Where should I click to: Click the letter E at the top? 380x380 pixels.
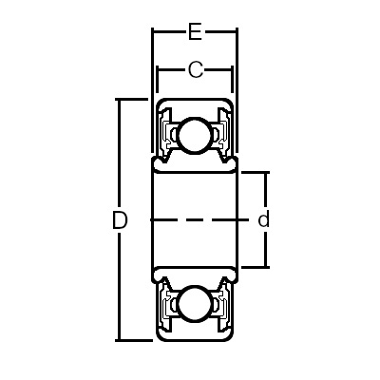tap(195, 33)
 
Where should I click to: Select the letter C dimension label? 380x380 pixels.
tap(195, 69)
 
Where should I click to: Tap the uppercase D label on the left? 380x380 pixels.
tap(120, 220)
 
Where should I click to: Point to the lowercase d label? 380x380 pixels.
tap(264, 220)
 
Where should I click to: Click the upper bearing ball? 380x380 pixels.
tap(195, 135)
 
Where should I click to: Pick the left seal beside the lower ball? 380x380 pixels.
tap(168, 305)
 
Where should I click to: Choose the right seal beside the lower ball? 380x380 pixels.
tap(221, 305)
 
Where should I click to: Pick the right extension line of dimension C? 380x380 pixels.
tap(232, 84)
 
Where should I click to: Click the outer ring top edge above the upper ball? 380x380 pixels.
tap(195, 99)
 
